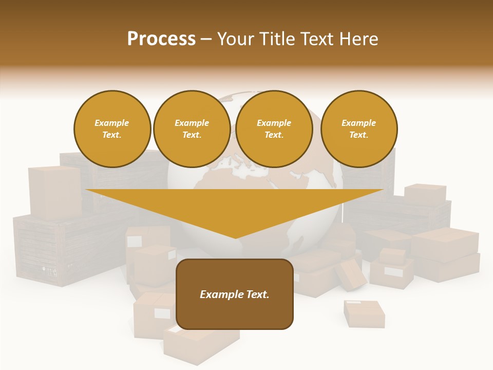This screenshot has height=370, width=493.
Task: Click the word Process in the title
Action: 161,39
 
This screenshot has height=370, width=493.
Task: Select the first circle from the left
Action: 112,128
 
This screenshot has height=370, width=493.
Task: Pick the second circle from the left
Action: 192,128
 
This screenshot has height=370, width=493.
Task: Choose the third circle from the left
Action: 274,128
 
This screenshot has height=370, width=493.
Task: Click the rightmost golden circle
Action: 358,128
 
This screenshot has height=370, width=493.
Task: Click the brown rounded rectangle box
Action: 235,313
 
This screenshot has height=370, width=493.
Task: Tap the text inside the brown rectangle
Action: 235,294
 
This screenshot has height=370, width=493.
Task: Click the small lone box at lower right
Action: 364,313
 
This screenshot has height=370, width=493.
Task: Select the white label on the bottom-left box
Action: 162,313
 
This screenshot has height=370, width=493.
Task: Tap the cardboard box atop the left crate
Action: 54,191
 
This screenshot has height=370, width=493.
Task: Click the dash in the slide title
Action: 206,39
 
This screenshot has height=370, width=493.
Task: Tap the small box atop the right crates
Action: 425,193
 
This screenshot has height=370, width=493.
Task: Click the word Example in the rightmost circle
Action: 358,123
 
